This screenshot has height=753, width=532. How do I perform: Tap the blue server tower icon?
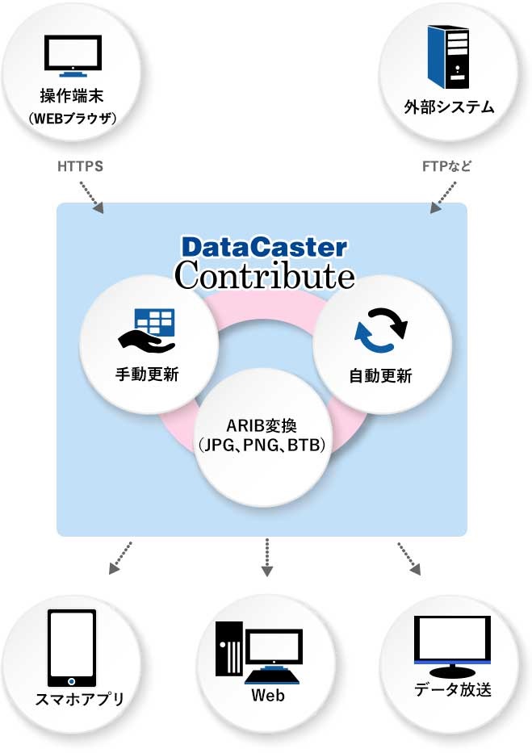coord(449,56)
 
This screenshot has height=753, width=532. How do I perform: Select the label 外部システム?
coord(449,106)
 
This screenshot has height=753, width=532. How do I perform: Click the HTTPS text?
coord(80,167)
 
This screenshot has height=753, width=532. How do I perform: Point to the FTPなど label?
coord(446,167)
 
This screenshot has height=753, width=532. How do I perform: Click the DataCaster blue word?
coord(264,246)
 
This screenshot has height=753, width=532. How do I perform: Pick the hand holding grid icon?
coord(147,329)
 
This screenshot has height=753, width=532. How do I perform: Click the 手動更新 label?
coord(147,374)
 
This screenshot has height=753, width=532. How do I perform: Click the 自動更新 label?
coord(380,376)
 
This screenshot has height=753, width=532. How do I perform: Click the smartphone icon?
coord(72,646)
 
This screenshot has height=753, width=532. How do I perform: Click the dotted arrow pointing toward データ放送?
coord(409,558)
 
